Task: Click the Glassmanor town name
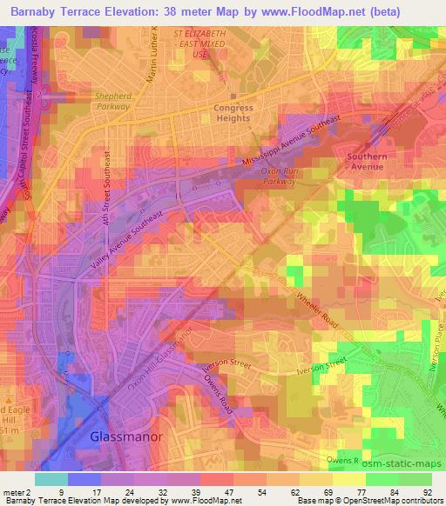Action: coord(127,437)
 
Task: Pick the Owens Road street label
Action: coord(222,389)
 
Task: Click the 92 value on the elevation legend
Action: coord(429,491)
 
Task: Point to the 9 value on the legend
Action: coord(61,491)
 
